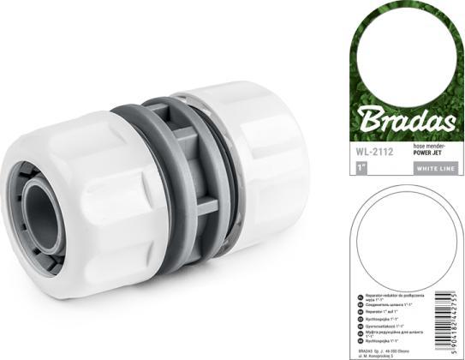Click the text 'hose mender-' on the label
[x=430, y=147]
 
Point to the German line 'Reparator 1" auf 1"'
[x=383, y=312]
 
